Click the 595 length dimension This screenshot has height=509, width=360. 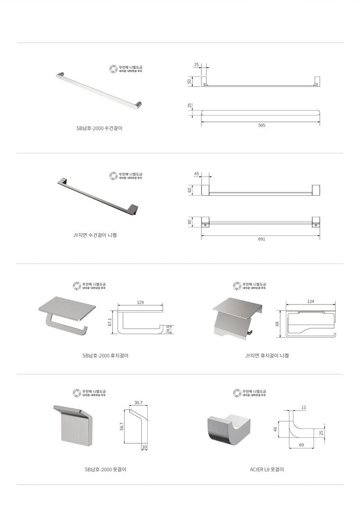pyautogui.click(x=261, y=125)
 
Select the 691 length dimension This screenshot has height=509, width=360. pyautogui.click(x=261, y=239)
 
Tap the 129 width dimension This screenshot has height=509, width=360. pyautogui.click(x=140, y=303)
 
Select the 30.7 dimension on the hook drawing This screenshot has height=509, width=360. pyautogui.click(x=138, y=403)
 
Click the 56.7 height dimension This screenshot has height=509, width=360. pyautogui.click(x=122, y=427)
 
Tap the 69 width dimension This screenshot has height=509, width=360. pyautogui.click(x=301, y=444)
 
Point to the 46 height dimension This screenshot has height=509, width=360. pyautogui.click(x=275, y=429)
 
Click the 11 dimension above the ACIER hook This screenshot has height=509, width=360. pyautogui.click(x=304, y=407)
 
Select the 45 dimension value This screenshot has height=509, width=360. pyautogui.click(x=197, y=173)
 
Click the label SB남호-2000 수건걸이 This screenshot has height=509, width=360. pyautogui.click(x=99, y=128)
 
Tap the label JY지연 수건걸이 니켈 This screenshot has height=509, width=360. pyautogui.click(x=95, y=235)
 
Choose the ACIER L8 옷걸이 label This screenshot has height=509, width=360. pyautogui.click(x=267, y=469)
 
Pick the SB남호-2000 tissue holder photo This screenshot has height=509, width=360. pyautogui.click(x=67, y=315)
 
